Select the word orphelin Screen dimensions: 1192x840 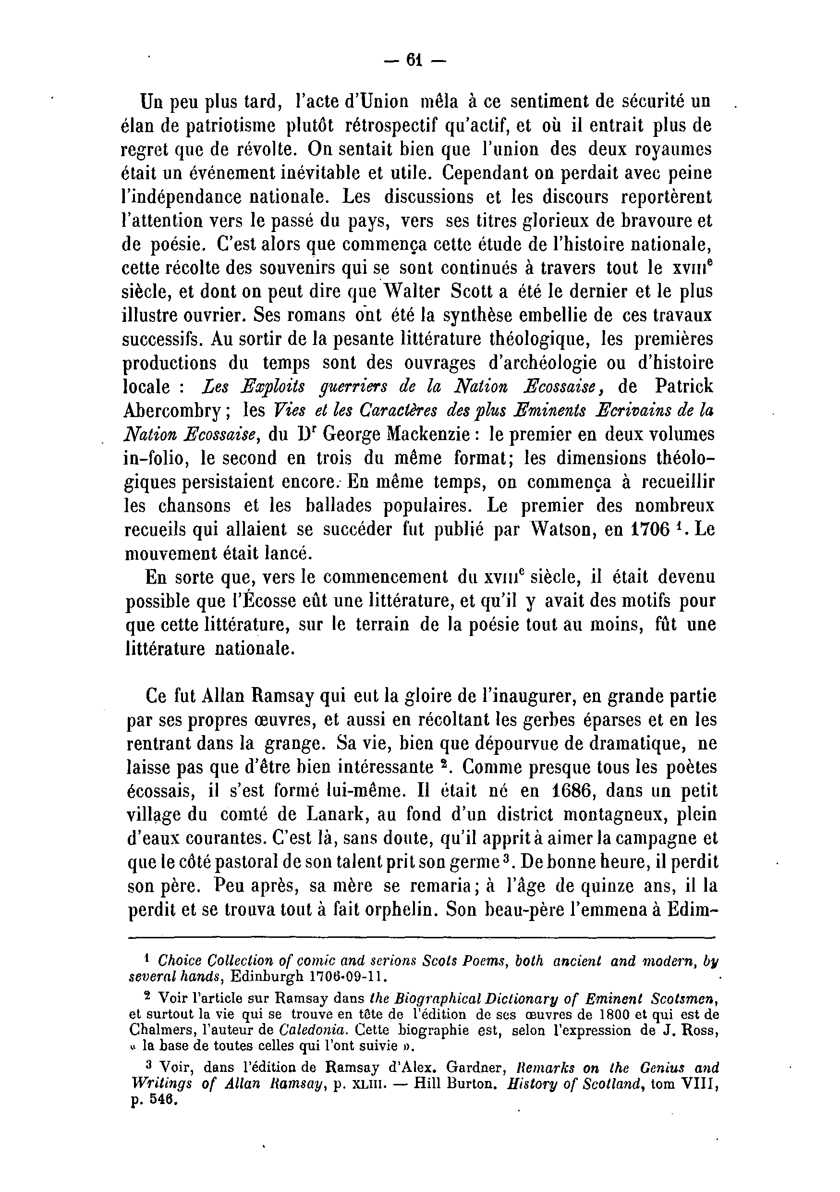[x=386, y=909]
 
